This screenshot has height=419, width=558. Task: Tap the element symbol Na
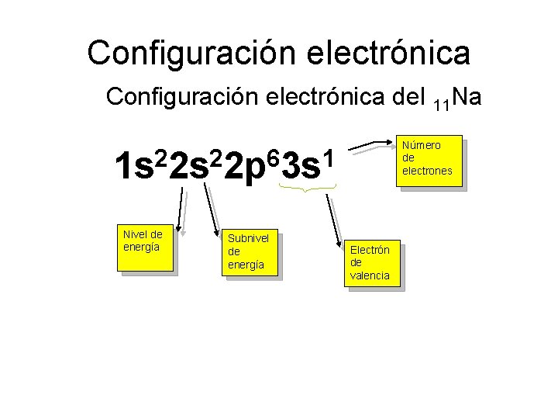pos(466,98)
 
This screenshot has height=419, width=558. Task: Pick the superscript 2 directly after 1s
pos(161,158)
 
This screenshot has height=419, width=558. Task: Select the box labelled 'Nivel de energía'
pos(144,248)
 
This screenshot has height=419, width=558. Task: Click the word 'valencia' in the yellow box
pos(370,275)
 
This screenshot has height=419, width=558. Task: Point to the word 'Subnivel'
pos(248,238)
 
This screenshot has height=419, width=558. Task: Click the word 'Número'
pos(422,145)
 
